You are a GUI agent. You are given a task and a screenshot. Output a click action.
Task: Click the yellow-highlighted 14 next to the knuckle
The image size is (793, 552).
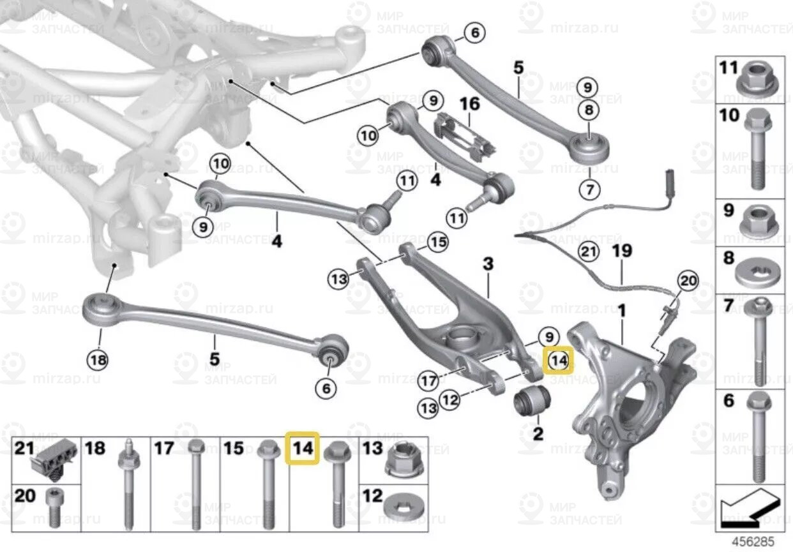558,361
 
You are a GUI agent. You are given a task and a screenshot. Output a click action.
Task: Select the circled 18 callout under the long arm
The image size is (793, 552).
98,361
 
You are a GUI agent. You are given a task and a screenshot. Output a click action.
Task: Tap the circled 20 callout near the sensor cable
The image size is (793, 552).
688,280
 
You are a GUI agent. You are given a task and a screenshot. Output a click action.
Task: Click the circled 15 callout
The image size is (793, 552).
437,242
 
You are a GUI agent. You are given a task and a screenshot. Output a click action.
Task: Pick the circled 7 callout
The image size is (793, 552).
589,189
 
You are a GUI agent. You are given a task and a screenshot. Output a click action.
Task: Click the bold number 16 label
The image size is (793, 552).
469,103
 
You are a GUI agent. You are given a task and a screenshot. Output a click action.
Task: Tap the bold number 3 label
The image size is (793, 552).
488,264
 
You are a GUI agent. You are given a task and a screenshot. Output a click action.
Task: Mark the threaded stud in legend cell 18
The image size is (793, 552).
127,485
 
